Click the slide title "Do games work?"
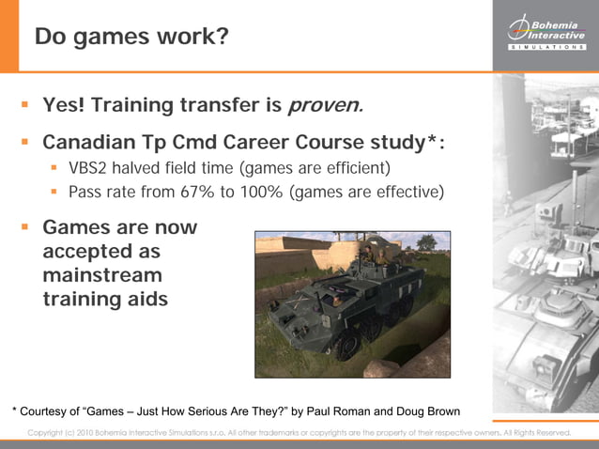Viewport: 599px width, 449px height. (131, 37)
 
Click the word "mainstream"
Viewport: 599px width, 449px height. (102, 276)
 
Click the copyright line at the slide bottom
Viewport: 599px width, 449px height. (299, 432)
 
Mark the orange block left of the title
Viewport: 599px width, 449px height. (8, 35)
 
